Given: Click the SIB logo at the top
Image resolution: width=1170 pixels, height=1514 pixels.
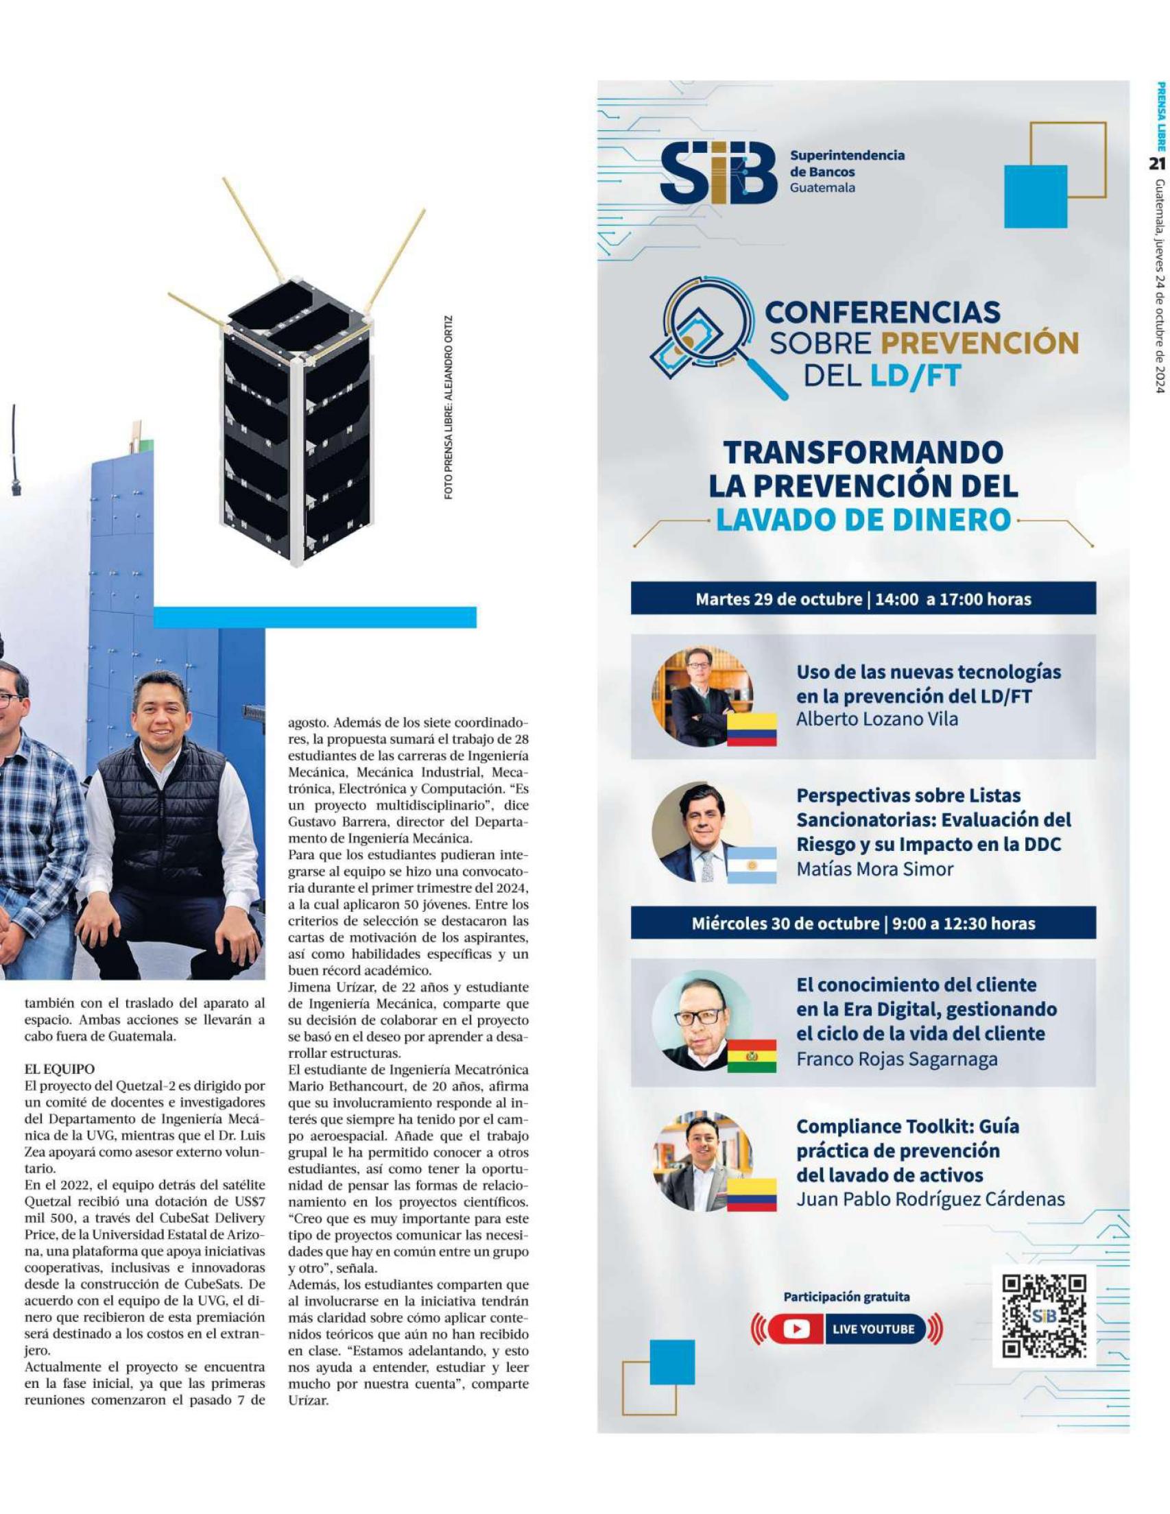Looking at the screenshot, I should (x=717, y=173).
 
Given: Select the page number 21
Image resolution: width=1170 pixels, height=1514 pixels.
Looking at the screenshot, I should (x=1157, y=164).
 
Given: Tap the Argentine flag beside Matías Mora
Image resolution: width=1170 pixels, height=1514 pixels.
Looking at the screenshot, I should (x=751, y=865).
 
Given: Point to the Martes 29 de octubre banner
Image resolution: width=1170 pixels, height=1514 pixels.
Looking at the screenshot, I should (x=863, y=599).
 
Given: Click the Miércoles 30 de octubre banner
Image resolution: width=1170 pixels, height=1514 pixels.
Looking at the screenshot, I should (x=863, y=924).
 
